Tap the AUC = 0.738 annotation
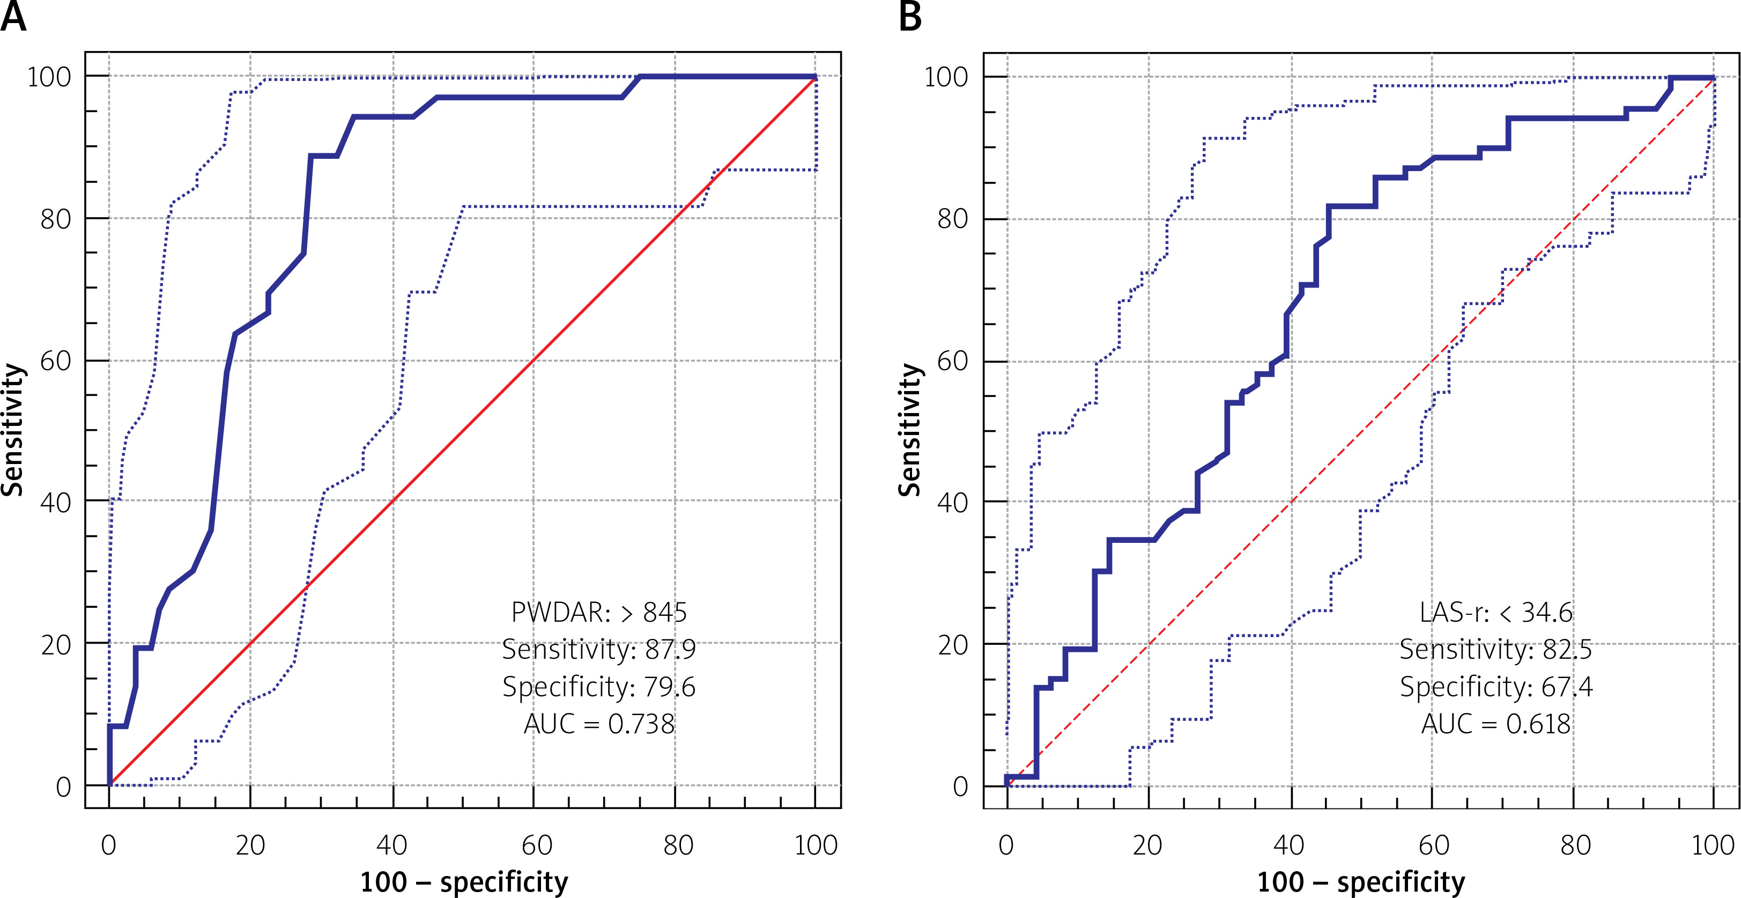[x=599, y=724]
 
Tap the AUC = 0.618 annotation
[x=1495, y=724]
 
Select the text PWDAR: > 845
[x=599, y=613]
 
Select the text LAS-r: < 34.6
[x=1495, y=613]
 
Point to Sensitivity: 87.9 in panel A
[x=599, y=650]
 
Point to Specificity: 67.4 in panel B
[x=1495, y=687]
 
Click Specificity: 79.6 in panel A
[x=599, y=687]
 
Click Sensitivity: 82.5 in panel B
[x=1495, y=650]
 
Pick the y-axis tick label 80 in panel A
[x=55, y=219]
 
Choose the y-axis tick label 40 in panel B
[x=952, y=503]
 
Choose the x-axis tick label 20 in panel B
[x=1147, y=845]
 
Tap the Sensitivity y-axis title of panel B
[x=910, y=430]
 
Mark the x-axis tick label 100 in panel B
[x=1713, y=845]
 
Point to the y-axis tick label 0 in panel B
[x=960, y=786]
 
